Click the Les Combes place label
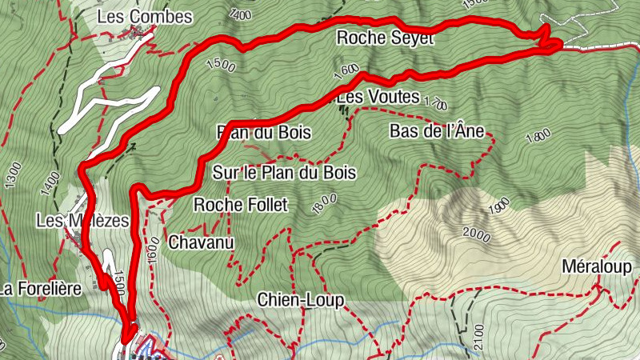tap(144, 17)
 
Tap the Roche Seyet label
tap(385, 38)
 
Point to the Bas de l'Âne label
tap(437, 130)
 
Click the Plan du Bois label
tap(264, 132)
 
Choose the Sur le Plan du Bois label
tap(284, 172)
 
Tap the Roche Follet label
tap(240, 205)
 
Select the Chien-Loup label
tap(300, 300)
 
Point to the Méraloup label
tap(596, 266)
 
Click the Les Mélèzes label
tap(82, 220)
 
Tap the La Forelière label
tap(42, 288)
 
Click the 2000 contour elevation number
tap(477, 234)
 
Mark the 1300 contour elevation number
tap(11, 174)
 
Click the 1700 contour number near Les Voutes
tap(436, 103)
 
